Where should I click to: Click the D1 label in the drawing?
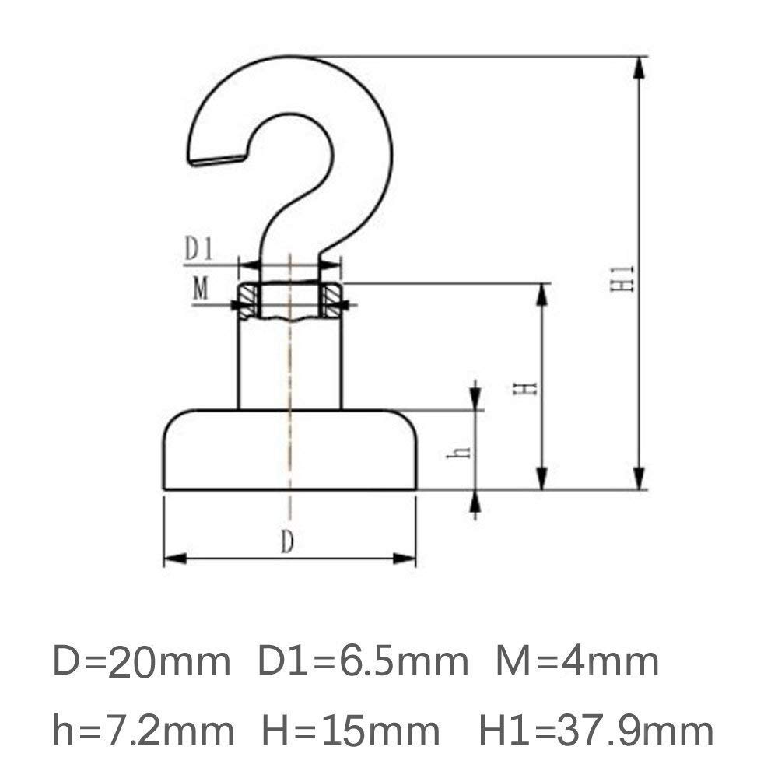tap(198, 251)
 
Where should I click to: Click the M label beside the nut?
tap(201, 290)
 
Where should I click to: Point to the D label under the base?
tap(287, 544)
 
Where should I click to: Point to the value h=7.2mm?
tap(143, 731)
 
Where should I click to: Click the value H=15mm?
tap(351, 731)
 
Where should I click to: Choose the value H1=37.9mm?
tap(595, 731)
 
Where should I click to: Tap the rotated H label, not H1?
tap(529, 387)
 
